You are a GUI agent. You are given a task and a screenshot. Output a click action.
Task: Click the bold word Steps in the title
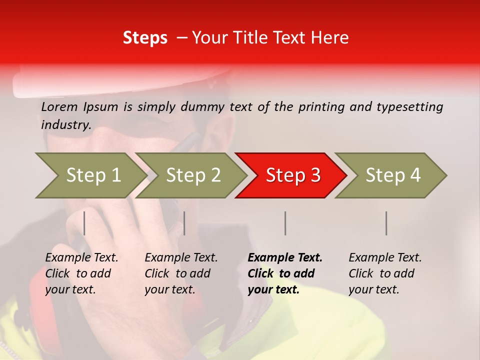click(x=145, y=38)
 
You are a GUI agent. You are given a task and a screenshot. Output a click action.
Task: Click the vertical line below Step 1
click(x=84, y=223)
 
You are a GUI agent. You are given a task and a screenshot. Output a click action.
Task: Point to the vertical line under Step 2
click(x=184, y=223)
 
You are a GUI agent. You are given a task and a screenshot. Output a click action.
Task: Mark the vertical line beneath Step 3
click(x=285, y=223)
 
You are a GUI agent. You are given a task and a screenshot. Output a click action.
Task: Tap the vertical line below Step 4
click(x=386, y=223)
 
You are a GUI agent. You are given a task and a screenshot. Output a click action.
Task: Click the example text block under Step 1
click(x=81, y=273)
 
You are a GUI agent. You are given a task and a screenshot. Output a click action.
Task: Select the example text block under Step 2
click(x=181, y=273)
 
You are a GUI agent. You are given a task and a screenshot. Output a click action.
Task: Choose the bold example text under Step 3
click(x=285, y=273)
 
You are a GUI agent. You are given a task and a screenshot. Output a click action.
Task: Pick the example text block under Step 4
click(x=385, y=273)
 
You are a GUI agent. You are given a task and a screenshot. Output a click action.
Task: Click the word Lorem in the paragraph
click(x=59, y=107)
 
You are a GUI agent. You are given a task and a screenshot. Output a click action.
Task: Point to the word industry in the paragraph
click(x=66, y=125)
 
